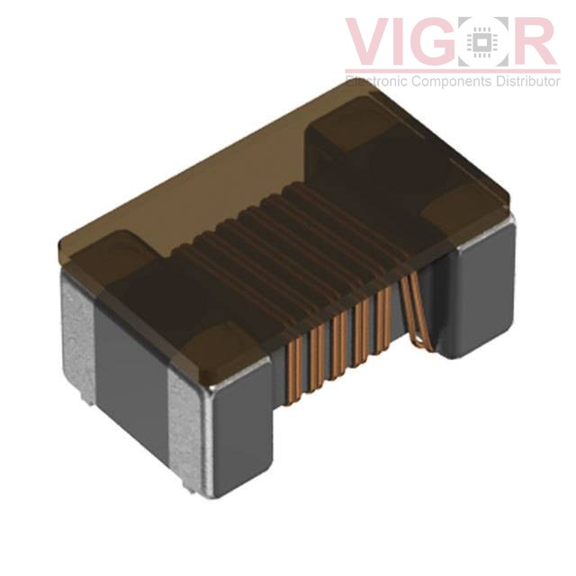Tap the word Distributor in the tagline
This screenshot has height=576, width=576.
click(525, 81)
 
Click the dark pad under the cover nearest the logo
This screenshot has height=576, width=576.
click(351, 135)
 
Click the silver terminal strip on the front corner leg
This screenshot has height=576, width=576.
click(193, 423)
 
